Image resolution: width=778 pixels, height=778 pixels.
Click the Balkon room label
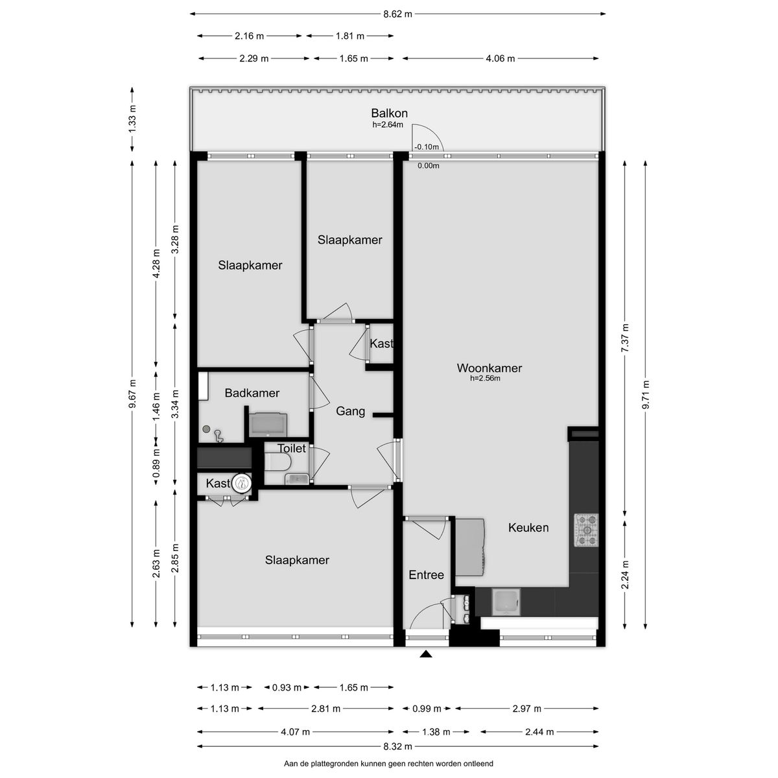(x=389, y=113)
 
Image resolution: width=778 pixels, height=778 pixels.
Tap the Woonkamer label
(x=489, y=368)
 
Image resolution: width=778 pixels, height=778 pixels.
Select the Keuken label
(x=528, y=528)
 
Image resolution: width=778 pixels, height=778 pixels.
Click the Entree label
(x=426, y=575)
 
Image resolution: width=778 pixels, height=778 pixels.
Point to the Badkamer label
(x=252, y=393)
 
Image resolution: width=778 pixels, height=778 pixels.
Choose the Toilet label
(x=291, y=449)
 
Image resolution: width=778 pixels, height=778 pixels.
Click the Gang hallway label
(x=350, y=411)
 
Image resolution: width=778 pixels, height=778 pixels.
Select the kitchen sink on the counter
(x=505, y=602)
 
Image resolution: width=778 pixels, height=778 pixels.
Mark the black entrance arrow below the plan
(x=425, y=655)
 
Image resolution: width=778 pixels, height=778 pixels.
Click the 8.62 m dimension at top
(x=398, y=13)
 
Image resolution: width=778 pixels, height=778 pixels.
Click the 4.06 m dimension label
(x=500, y=58)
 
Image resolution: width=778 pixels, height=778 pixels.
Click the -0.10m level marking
(x=427, y=147)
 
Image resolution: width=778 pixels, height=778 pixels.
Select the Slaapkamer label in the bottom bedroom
(x=297, y=560)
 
